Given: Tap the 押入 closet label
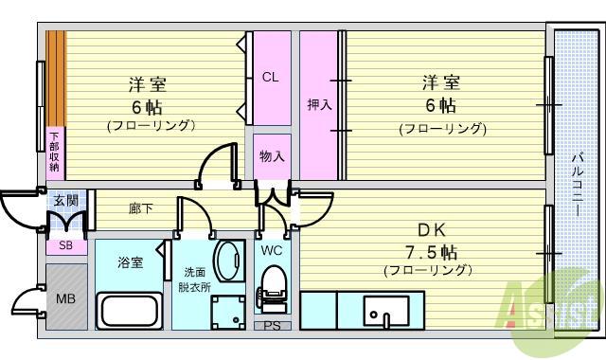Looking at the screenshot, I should [318, 104].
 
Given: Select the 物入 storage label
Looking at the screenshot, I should [272, 156].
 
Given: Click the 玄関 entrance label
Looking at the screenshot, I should [65, 200].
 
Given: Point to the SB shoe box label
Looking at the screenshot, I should [65, 245].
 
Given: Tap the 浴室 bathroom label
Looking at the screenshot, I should [130, 261].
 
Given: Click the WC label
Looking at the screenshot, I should [272, 251].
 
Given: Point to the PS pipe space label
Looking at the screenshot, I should [272, 327].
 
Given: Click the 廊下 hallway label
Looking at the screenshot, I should [139, 207].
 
